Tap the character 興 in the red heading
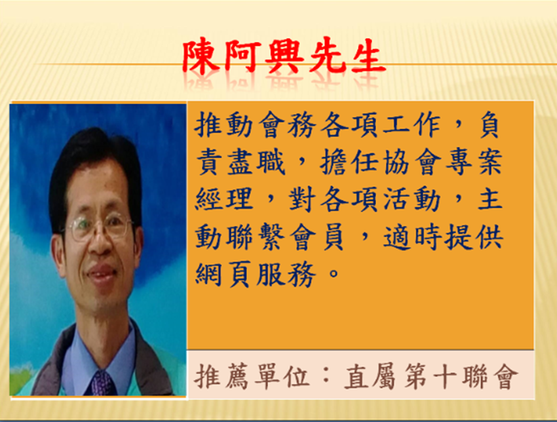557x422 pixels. (284, 56)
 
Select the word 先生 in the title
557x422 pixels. (347, 56)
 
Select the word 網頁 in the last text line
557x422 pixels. (225, 274)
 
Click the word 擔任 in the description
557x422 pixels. (349, 162)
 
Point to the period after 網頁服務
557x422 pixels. (334, 273)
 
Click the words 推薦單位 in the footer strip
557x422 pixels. (252, 376)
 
